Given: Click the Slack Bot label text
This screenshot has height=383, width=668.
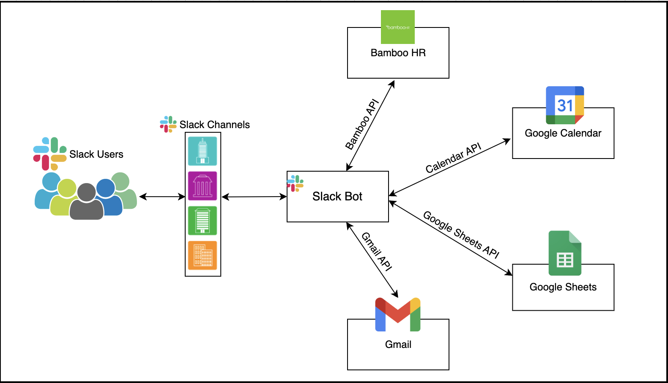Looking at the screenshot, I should pyautogui.click(x=337, y=197).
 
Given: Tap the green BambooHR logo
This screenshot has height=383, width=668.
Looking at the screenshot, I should pyautogui.click(x=397, y=27).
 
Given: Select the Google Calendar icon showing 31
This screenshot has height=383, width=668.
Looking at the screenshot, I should pyautogui.click(x=565, y=105).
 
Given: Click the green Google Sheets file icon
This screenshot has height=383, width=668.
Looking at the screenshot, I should pyautogui.click(x=565, y=253).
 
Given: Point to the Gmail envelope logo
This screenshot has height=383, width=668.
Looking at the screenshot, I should pyautogui.click(x=398, y=315).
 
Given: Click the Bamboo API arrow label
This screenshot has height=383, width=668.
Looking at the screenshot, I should pyautogui.click(x=362, y=124).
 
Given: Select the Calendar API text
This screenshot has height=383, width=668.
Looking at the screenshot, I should pyautogui.click(x=453, y=158).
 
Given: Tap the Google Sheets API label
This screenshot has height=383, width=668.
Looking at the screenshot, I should pyautogui.click(x=461, y=235).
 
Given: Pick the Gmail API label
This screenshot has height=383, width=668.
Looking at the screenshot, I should pyautogui.click(x=377, y=252).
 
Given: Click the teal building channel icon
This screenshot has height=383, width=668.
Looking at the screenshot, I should pyautogui.click(x=203, y=151).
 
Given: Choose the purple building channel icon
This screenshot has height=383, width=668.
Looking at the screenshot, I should pyautogui.click(x=203, y=186).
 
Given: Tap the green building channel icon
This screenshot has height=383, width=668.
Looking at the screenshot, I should pyautogui.click(x=203, y=221).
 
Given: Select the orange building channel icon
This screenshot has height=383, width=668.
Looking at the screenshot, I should pyautogui.click(x=203, y=255).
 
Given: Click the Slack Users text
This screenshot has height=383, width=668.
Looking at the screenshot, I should pyautogui.click(x=96, y=154).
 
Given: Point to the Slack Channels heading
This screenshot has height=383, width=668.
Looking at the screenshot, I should pyautogui.click(x=214, y=125).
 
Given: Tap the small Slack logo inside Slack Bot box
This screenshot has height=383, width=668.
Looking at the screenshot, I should pyautogui.click(x=295, y=183).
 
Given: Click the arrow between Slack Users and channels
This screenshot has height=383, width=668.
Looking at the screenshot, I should pyautogui.click(x=162, y=197).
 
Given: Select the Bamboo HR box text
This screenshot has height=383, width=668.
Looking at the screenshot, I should pyautogui.click(x=398, y=53).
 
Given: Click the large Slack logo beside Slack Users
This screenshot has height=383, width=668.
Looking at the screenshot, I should pyautogui.click(x=50, y=153).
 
